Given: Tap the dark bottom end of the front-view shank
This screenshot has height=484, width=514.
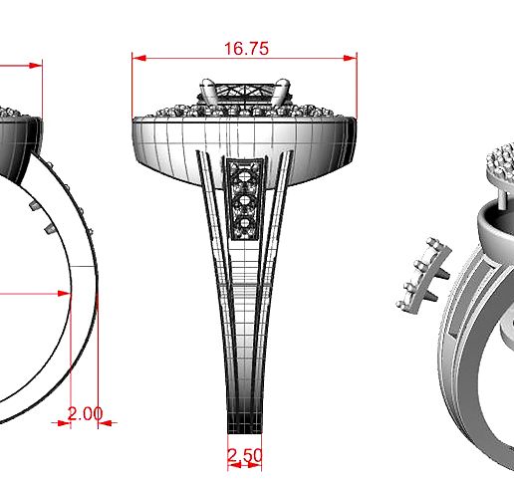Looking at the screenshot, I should click(x=244, y=422).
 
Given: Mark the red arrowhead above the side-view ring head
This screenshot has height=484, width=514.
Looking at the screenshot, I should click(x=36, y=66).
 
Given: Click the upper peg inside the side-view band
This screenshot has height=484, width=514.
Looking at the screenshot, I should click(x=33, y=204).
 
